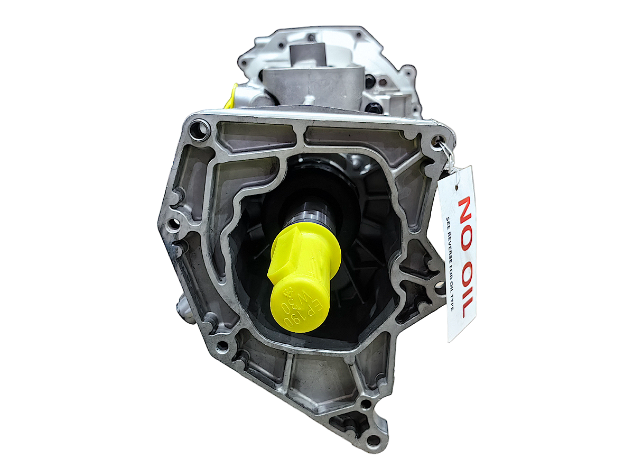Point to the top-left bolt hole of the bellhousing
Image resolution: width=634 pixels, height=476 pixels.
coord(200,127)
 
